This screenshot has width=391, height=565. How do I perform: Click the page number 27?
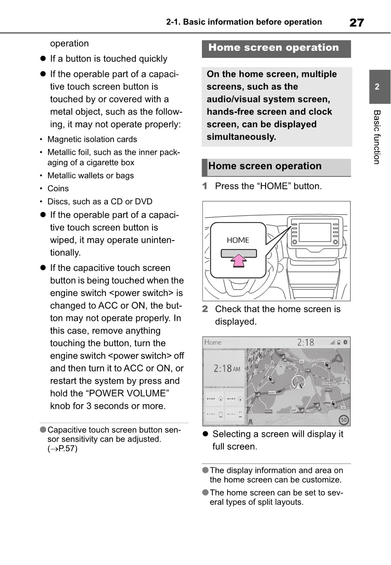[357, 22]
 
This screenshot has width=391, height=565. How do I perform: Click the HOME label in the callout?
[238, 240]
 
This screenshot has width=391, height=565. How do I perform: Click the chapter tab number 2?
[377, 87]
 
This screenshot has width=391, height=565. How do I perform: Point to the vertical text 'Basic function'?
[377, 137]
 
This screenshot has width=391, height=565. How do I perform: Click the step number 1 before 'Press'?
[205, 186]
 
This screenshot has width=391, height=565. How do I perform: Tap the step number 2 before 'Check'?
[205, 309]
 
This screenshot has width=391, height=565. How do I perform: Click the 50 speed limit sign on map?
[343, 419]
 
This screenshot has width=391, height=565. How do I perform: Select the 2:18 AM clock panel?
[224, 368]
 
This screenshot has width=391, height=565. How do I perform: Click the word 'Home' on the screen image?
[213, 343]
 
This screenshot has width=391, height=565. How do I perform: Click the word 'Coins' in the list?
[58, 188]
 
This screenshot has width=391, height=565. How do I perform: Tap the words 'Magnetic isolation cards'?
[92, 139]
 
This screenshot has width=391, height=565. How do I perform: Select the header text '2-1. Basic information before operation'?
[244, 22]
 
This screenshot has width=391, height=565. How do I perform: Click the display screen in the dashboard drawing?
[314, 232]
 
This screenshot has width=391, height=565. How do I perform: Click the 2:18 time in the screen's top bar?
[305, 342]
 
